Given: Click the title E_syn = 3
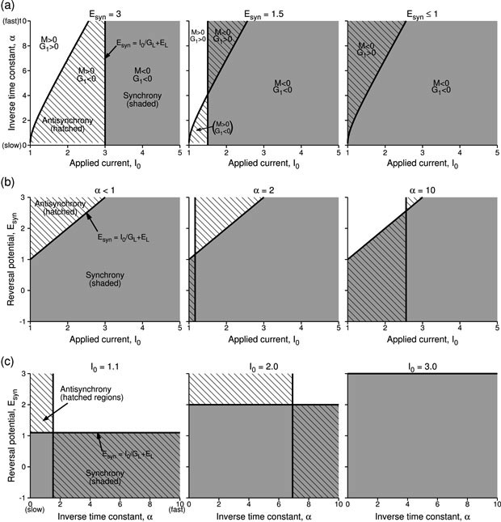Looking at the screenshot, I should pos(105,10).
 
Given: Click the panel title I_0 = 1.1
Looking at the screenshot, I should pos(104,366).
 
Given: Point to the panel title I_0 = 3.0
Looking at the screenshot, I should pos(421,366).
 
